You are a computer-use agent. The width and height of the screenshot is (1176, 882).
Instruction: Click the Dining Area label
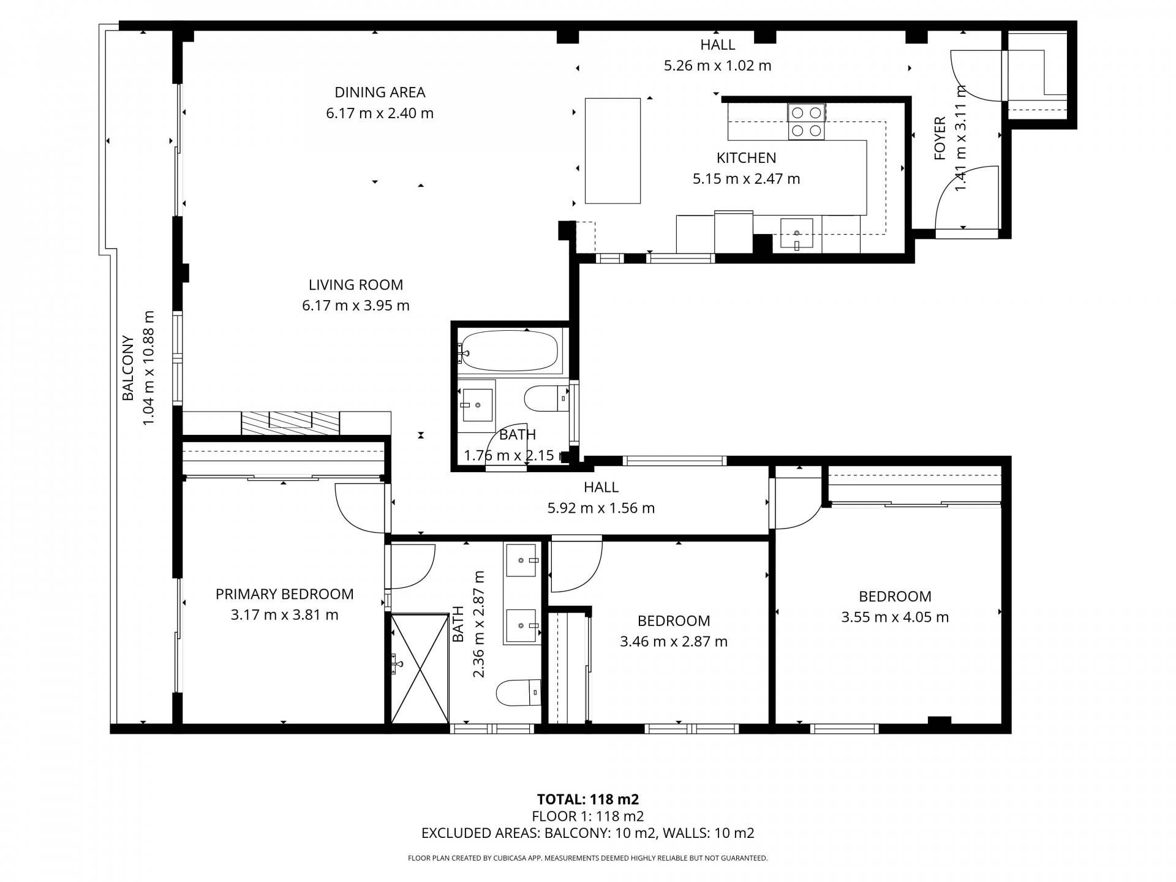tap(380, 92)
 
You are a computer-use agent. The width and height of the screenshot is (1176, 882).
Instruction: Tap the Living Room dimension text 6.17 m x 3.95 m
tap(356, 306)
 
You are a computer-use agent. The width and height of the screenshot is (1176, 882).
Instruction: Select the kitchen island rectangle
tap(612, 151)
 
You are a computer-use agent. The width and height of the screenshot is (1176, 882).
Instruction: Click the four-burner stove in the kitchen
tap(806, 121)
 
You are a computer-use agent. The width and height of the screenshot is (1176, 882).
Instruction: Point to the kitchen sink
tap(796, 235)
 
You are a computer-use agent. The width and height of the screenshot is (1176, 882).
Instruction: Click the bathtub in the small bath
tap(510, 351)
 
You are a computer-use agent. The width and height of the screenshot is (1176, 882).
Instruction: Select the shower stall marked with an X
tap(420, 669)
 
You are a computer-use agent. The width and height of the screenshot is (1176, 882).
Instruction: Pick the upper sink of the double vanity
tap(522, 560)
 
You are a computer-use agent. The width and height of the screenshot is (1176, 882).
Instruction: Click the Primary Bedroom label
tap(284, 594)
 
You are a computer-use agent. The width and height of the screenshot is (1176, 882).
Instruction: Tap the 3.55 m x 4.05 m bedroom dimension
tap(895, 617)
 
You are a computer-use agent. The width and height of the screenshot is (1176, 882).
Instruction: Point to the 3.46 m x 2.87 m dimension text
tap(674, 642)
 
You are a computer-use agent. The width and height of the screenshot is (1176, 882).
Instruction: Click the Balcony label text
tap(127, 368)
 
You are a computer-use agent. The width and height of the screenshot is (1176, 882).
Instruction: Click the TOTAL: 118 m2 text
tap(588, 799)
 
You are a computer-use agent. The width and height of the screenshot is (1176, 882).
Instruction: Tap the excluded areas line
tap(588, 833)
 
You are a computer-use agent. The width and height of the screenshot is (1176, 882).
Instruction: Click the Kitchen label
tap(746, 158)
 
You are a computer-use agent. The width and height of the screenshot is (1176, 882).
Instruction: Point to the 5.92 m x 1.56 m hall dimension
tap(601, 508)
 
